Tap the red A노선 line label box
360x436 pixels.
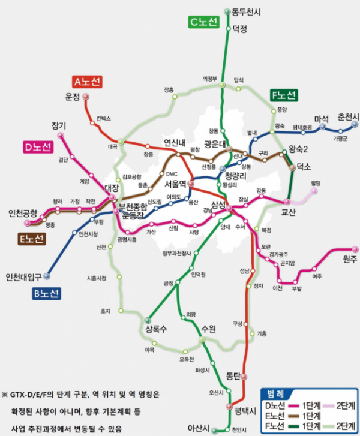88,81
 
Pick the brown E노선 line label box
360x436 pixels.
31,239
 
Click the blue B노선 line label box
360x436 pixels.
44,293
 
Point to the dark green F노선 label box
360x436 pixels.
283,95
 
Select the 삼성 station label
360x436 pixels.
218,205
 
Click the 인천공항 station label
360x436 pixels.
23,213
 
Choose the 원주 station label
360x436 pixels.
350,258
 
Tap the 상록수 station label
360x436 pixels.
155,329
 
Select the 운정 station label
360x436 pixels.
73,97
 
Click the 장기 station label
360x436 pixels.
58,125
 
